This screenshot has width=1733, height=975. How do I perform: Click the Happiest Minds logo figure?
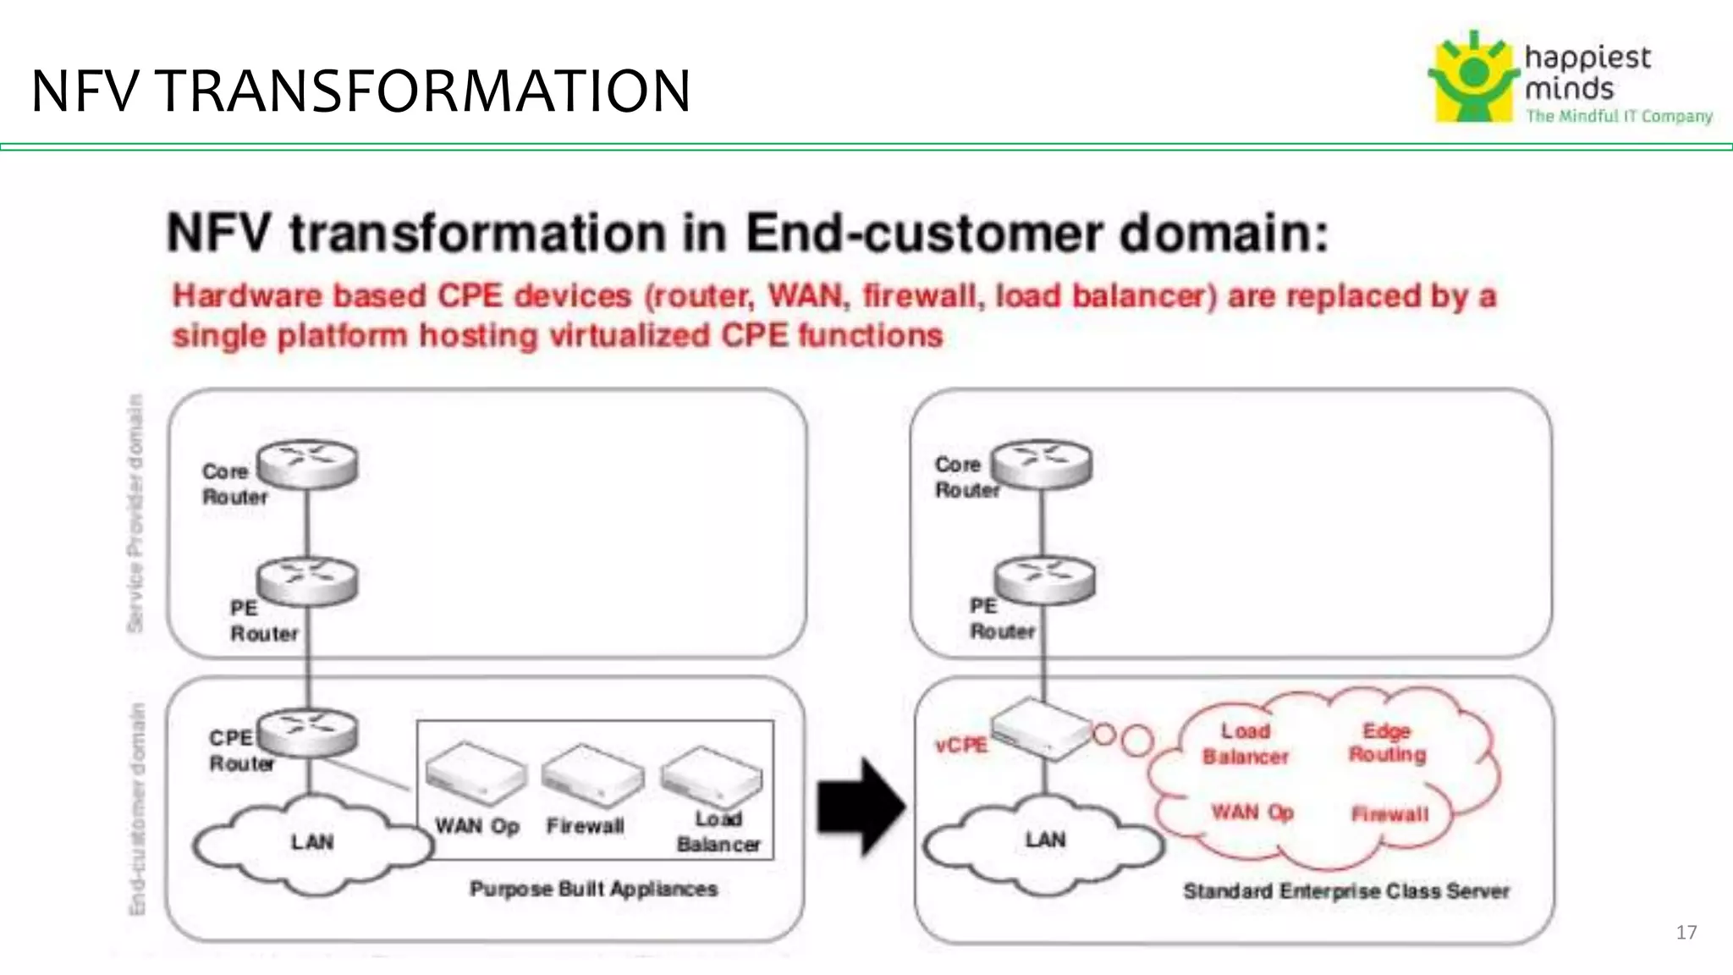[x=1473, y=78]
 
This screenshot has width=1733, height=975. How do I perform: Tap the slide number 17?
[x=1686, y=933]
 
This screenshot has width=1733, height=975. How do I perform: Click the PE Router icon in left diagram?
[x=308, y=580]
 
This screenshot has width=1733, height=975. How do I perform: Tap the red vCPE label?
[x=961, y=746]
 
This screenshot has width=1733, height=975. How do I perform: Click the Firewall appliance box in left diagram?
[x=592, y=774]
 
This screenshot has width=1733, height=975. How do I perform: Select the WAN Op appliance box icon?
[x=476, y=772]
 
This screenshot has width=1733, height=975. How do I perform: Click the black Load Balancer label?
[x=718, y=832]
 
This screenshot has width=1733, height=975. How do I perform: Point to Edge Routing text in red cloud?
[x=1387, y=742]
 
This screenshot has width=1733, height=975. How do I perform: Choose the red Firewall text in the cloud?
[x=1389, y=814]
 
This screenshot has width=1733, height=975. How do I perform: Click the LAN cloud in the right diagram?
[x=1044, y=841]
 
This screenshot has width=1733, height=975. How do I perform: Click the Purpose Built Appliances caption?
[x=593, y=889]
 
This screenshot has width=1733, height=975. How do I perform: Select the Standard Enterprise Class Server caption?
[x=1345, y=891]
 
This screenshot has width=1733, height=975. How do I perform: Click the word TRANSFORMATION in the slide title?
[x=424, y=91]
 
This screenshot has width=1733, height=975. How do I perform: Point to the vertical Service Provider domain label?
[x=135, y=513]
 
